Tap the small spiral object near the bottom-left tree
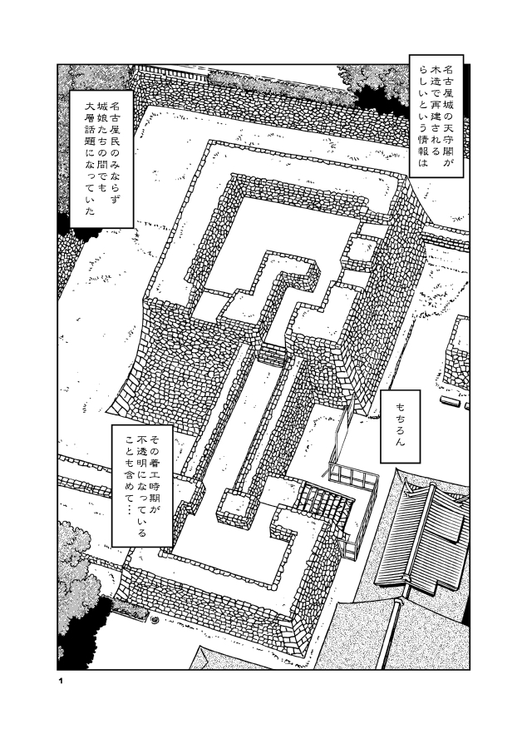(155, 619)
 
